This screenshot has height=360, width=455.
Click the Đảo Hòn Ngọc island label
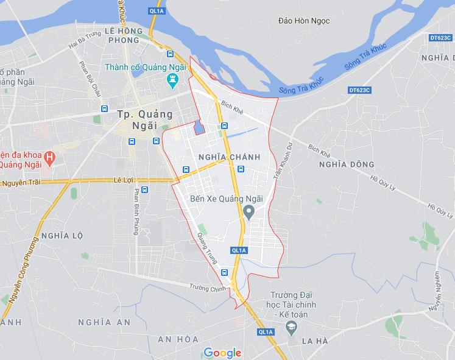pyautogui.click(x=303, y=21)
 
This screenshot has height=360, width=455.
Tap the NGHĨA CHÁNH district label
pyautogui.click(x=229, y=157)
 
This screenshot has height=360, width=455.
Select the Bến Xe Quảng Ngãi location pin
pyautogui.click(x=249, y=212)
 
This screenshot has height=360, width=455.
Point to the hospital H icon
pyautogui.click(x=51, y=157)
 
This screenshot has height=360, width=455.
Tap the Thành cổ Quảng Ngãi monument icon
pyautogui.click(x=172, y=79)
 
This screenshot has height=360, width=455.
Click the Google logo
pyautogui.click(x=222, y=353)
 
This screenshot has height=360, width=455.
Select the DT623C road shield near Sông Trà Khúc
pyautogui.click(x=360, y=90)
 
